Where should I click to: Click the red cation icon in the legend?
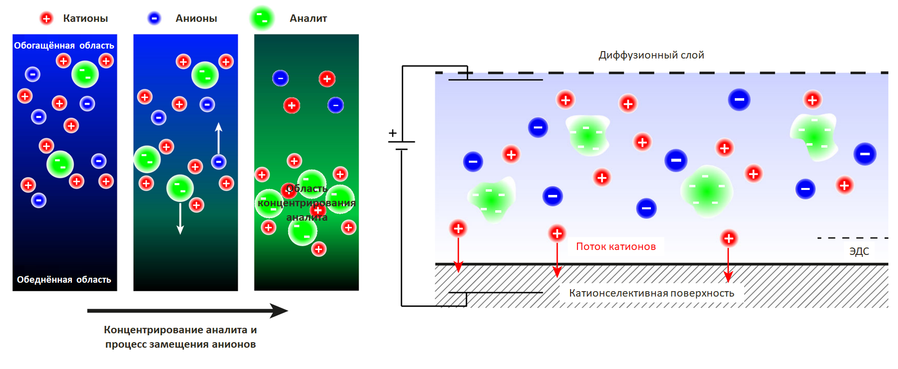point(46,19)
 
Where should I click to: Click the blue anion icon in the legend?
point(154,19)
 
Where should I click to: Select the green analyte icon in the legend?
point(262,18)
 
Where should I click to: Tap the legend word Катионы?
point(85,19)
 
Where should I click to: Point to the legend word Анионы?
point(196,19)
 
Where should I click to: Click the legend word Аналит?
point(308,19)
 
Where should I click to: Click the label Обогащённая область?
point(64,46)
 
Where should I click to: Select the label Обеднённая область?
point(64,280)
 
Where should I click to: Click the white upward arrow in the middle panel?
point(218,138)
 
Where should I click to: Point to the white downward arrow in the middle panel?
point(180,218)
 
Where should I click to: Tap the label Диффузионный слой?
point(651,55)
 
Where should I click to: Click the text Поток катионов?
point(616,246)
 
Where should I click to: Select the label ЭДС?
point(859,251)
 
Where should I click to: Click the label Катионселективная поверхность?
point(651,293)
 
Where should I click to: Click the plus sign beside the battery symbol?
point(392,133)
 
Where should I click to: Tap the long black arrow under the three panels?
point(188,311)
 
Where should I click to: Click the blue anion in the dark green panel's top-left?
point(280,78)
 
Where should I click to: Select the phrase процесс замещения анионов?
point(181,344)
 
